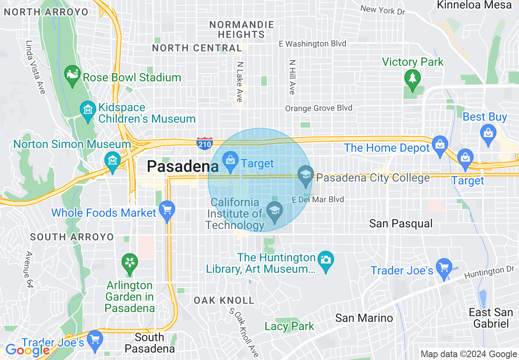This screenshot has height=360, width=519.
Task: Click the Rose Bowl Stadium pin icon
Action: tap(73, 76)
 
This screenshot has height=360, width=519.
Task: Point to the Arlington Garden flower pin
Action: tap(130, 263)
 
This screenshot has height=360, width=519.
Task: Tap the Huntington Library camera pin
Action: tap(325, 261)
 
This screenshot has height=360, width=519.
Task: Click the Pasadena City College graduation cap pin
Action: tap(305, 176)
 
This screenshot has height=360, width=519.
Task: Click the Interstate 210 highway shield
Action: tap(204, 143)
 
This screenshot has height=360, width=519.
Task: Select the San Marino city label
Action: tap(364, 318)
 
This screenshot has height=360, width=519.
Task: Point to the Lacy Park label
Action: tap(289, 326)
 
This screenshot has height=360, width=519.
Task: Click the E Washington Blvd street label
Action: tap(312, 44)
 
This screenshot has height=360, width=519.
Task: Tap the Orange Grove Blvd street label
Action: tap(318, 108)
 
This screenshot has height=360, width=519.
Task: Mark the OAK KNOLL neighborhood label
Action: tap(224, 301)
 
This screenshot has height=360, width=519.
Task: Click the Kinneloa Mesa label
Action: tap(474, 5)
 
